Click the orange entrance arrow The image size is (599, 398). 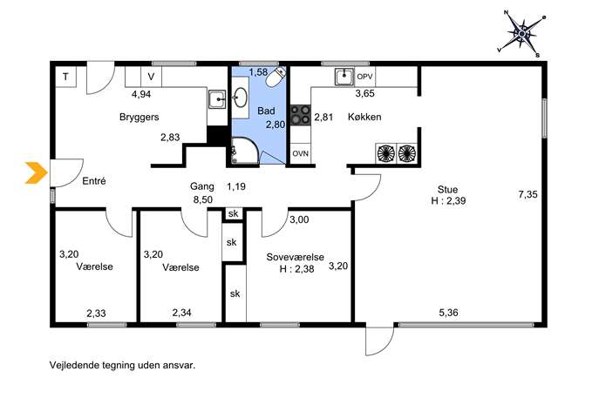[37, 172]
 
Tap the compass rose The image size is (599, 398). [521, 34]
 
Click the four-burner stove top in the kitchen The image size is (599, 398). [300, 115]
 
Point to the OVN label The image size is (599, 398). [300, 154]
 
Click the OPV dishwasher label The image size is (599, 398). [364, 77]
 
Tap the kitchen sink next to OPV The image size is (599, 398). [345, 77]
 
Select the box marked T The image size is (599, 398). [65, 77]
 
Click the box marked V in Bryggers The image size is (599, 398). [152, 77]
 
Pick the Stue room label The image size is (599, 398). [447, 190]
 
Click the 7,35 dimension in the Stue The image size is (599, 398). [528, 194]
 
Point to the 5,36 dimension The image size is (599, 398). [448, 313]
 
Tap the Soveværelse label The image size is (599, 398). [296, 257]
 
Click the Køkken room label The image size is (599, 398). [364, 117]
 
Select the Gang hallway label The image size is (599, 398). [202, 187]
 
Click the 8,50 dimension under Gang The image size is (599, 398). [203, 199]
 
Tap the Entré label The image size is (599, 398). [94, 181]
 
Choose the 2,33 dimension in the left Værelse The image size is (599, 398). [96, 314]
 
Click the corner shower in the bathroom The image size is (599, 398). [244, 151]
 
